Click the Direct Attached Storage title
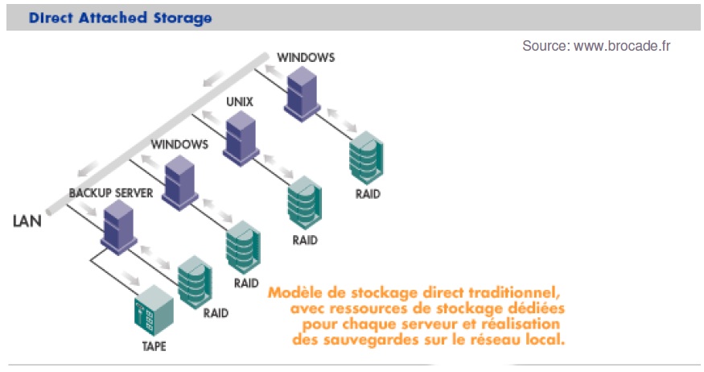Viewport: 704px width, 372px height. [x=120, y=18]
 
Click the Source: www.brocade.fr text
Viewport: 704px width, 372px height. [x=596, y=46]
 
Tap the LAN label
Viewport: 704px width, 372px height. [x=27, y=221]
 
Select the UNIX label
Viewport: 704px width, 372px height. [x=240, y=102]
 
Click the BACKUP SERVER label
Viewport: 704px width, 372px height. [x=111, y=192]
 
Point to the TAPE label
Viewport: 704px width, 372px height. [x=154, y=346]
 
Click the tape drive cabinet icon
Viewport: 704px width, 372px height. [x=154, y=311]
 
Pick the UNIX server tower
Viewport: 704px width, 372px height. [x=241, y=138]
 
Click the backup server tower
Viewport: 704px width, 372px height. [x=118, y=227]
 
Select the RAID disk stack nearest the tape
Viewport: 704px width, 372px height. [x=195, y=282]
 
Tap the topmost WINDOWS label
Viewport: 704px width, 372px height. [x=306, y=57]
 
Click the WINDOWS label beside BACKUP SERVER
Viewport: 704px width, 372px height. [x=179, y=144]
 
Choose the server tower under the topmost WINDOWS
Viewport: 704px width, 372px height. [x=303, y=94]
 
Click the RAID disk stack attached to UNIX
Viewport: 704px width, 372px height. [x=305, y=203]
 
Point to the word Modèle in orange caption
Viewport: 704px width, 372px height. [x=295, y=292]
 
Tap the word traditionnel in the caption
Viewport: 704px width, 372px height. [x=515, y=293]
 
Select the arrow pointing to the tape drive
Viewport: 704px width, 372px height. [x=132, y=278]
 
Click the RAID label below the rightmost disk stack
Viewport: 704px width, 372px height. [x=368, y=194]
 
